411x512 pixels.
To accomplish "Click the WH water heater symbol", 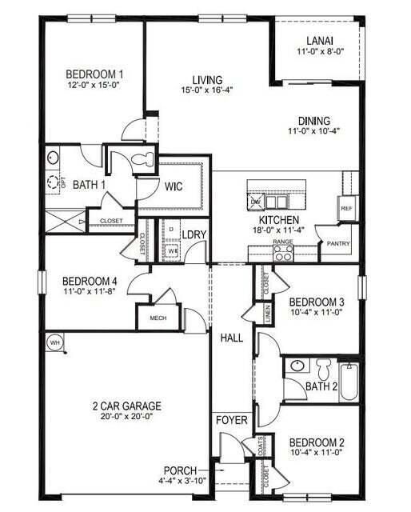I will [x=54, y=342].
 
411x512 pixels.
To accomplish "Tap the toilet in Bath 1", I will [x=142, y=160].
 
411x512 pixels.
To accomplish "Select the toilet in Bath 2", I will [x=324, y=370].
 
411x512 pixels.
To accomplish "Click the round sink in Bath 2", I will [x=297, y=366].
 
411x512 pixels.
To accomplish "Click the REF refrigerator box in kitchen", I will [x=346, y=207].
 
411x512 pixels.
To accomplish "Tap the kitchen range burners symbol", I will [x=283, y=253].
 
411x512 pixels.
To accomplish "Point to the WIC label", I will [x=174, y=186].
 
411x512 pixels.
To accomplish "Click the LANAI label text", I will [x=320, y=41].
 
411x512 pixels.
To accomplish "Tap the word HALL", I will [x=232, y=338].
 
